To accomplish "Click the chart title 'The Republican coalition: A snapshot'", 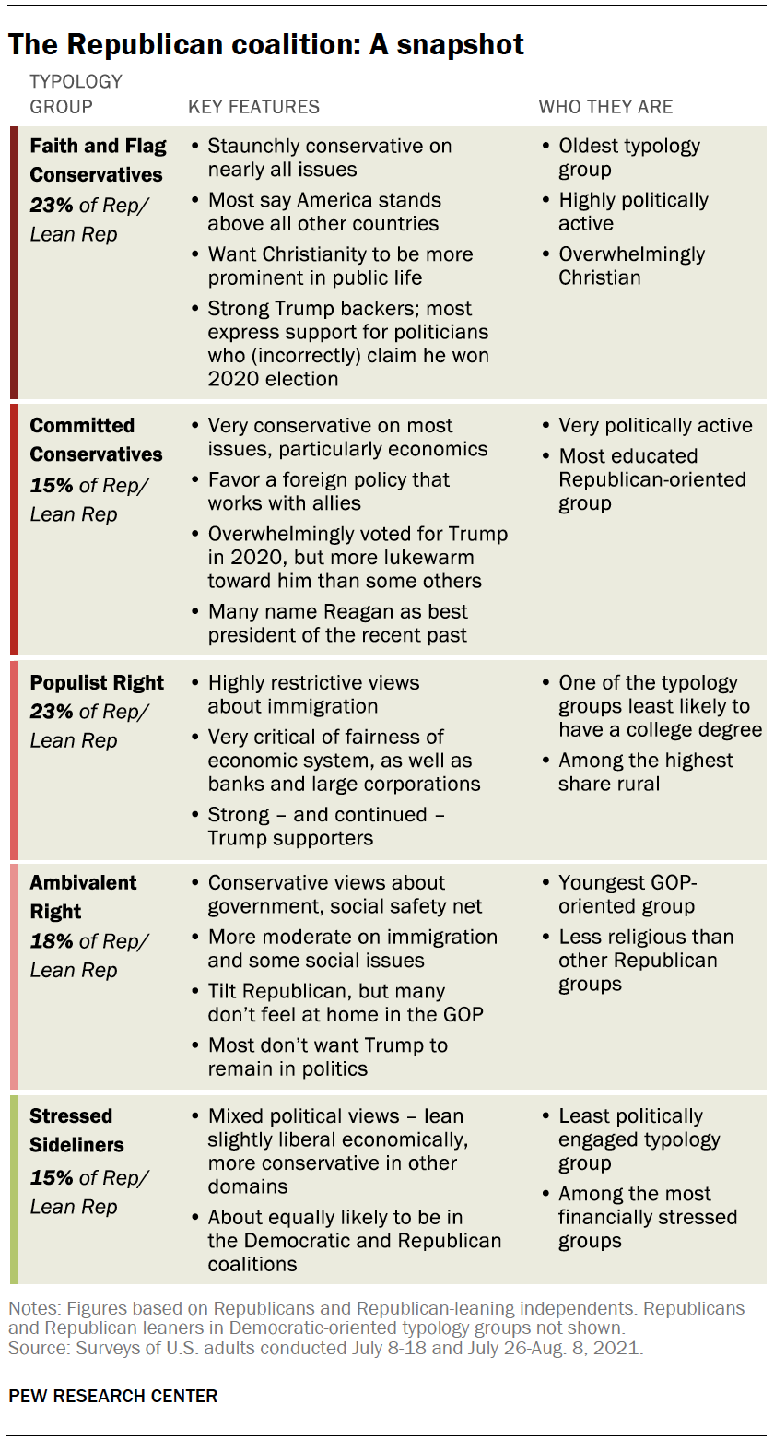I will [x=266, y=43].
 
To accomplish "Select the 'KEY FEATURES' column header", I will [x=253, y=107].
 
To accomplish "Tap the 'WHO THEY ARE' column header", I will [x=605, y=107].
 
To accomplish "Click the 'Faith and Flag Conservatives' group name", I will [x=98, y=160].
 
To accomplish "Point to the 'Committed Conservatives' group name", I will [x=96, y=440].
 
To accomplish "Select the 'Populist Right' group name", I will [x=97, y=683].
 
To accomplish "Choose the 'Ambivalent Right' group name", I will [x=83, y=897].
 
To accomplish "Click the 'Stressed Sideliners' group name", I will [x=76, y=1130].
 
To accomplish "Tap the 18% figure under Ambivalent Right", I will [x=52, y=941].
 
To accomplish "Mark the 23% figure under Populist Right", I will [x=52, y=712].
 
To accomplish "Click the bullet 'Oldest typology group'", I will [x=628, y=158].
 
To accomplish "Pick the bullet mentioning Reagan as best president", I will [x=337, y=623].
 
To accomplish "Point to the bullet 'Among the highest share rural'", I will [x=645, y=772].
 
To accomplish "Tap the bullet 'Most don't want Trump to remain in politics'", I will [x=327, y=1056].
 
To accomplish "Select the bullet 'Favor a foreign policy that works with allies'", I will [x=328, y=491].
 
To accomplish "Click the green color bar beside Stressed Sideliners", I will [x=13, y=1188].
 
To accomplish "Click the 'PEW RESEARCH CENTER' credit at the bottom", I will [x=113, y=1396].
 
